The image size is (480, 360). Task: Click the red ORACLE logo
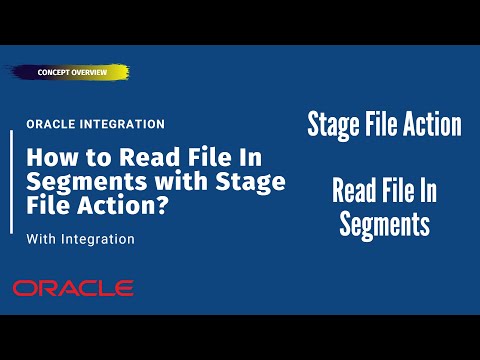tap(73, 288)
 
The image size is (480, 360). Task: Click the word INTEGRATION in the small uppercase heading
tap(121, 125)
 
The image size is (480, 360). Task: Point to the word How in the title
tap(48, 158)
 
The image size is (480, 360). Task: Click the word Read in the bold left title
tap(144, 158)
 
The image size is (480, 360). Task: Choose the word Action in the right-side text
tap(428, 126)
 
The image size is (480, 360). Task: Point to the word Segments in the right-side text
tap(385, 225)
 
